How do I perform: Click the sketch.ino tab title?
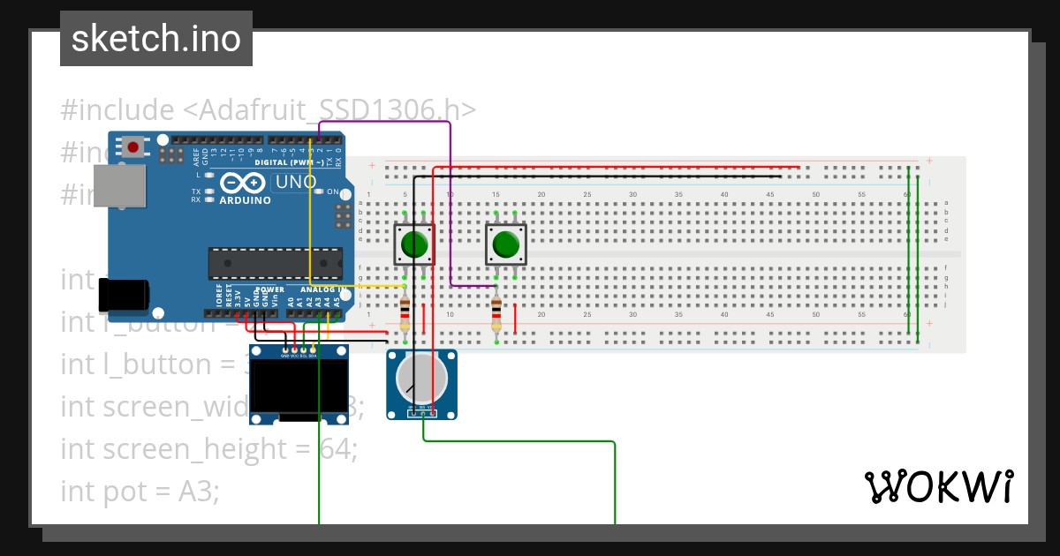156,39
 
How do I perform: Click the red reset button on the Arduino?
133,147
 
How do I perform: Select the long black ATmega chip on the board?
275,263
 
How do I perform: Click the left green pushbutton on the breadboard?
413,244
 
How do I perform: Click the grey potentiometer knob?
422,377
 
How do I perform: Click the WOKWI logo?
937,487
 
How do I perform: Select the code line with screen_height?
208,449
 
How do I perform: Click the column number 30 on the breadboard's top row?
632,194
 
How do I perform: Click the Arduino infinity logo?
244,184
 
